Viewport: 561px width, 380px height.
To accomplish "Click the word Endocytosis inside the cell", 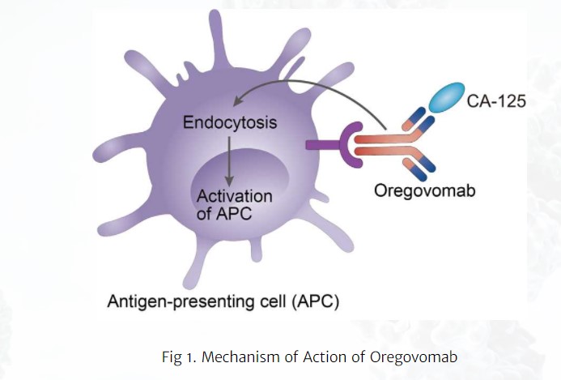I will [x=230, y=124].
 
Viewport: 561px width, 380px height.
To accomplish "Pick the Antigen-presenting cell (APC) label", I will [x=223, y=301].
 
